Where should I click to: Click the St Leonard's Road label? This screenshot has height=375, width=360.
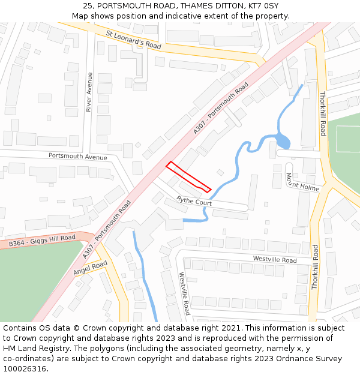click(134, 40)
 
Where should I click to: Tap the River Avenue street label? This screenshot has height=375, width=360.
click(89, 92)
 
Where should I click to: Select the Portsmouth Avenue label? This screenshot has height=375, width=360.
click(78, 156)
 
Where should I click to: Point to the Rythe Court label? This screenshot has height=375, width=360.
click(194, 202)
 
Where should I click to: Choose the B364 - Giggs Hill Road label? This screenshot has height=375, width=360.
click(42, 241)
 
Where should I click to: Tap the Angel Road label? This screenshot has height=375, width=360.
click(90, 268)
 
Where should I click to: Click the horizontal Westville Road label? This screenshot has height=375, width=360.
click(274, 260)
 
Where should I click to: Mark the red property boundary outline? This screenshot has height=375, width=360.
click(188, 177)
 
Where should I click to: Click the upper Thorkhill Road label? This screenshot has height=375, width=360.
click(322, 113)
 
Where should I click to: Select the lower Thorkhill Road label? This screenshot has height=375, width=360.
click(315, 267)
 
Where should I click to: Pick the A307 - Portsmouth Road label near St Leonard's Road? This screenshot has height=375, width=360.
click(221, 109)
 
